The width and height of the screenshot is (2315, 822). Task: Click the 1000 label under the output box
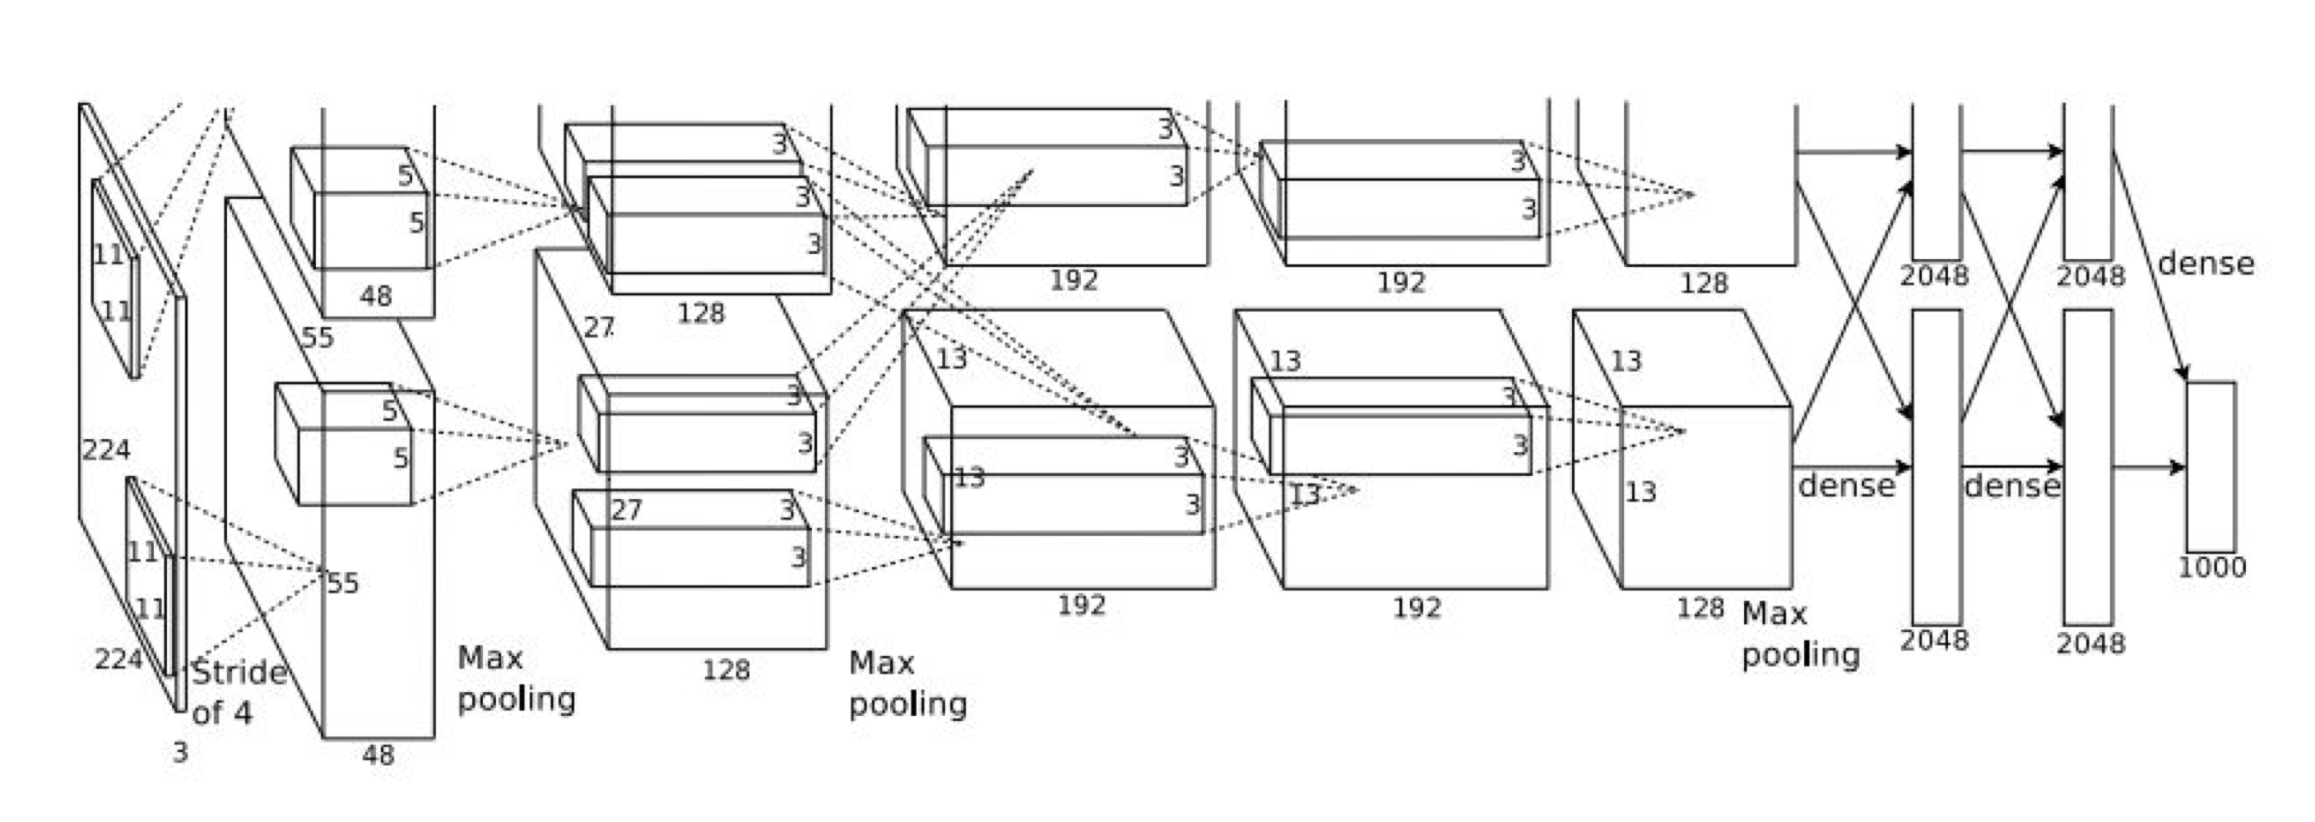(2211, 568)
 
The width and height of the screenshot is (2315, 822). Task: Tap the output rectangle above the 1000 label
(2211, 467)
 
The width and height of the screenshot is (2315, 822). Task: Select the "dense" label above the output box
(2206, 263)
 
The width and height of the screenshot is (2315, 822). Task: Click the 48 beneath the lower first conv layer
(378, 755)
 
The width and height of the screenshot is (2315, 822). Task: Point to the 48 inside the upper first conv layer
(376, 296)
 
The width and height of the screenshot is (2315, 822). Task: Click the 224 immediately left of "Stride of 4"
(118, 659)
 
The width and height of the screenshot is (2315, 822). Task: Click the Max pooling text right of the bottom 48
(516, 678)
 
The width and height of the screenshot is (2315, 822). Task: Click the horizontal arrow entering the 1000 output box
(2149, 467)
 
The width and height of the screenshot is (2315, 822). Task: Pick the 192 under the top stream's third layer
(1074, 280)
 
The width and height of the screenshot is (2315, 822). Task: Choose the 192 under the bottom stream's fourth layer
(1417, 608)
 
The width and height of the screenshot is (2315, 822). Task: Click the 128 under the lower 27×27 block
(726, 670)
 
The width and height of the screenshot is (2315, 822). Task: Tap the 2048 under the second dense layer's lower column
(2090, 644)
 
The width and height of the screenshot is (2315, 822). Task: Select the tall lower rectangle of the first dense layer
(1937, 467)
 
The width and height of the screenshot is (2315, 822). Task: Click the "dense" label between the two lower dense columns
(2011, 487)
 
